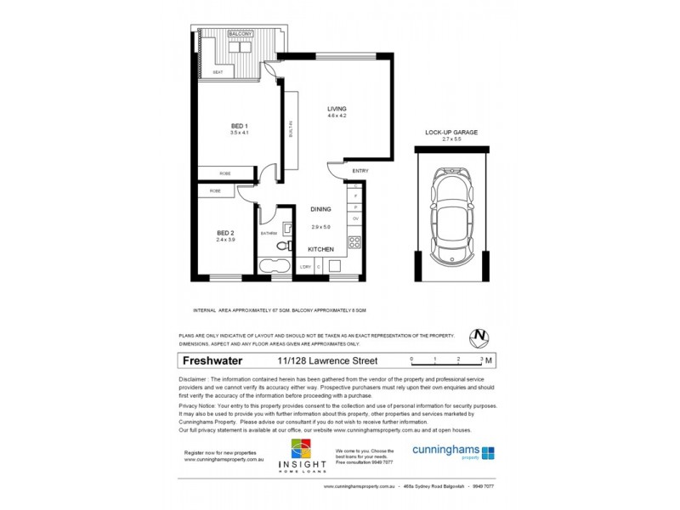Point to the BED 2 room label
pyautogui.click(x=224, y=233)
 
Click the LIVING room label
pyautogui.click(x=337, y=108)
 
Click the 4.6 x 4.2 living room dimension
pyautogui.click(x=337, y=116)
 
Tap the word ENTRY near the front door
pyautogui.click(x=360, y=171)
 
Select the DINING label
pyautogui.click(x=320, y=208)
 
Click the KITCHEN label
pyautogui.click(x=320, y=249)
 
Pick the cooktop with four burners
pyautogui.click(x=356, y=242)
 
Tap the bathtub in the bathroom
pyautogui.click(x=274, y=267)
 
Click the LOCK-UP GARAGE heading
pyautogui.click(x=451, y=133)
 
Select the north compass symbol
pyautogui.click(x=482, y=336)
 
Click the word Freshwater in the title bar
pyautogui.click(x=210, y=360)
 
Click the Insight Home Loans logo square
pyautogui.click(x=302, y=449)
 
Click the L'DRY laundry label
pyautogui.click(x=305, y=267)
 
